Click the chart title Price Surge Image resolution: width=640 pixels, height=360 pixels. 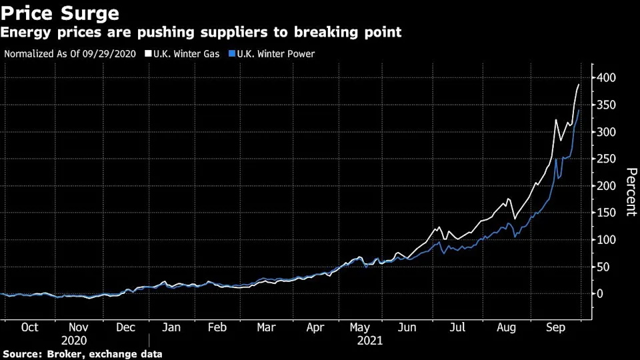pos(61,13)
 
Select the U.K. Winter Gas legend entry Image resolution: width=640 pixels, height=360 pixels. pos(179,53)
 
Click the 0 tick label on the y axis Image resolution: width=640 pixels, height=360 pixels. pos(601,293)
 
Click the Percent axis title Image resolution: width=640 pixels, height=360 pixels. pos(629,193)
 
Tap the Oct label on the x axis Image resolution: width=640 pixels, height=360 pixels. pos(29,327)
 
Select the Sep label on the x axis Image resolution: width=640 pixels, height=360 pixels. pos(556,327)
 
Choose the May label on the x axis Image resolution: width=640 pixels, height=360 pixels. pos(360,327)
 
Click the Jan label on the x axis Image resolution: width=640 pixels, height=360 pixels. pos(171,327)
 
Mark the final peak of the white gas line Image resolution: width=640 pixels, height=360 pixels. pos(579,85)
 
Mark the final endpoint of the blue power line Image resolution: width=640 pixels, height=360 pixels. pos(579,111)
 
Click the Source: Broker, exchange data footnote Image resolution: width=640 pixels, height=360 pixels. pos(83,354)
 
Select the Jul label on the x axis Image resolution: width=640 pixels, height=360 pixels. pos(457,327)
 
